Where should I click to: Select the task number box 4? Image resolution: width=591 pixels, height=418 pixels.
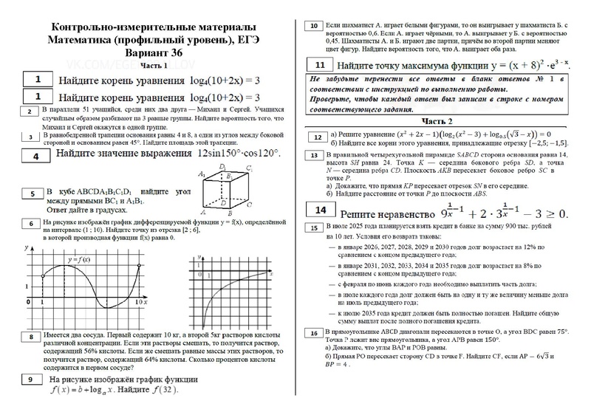click(35, 157)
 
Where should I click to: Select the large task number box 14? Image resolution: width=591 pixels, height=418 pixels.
click(320, 210)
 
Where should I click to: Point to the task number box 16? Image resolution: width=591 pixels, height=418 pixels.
click(316, 333)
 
